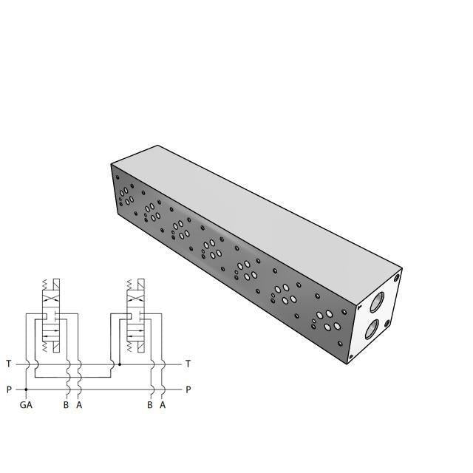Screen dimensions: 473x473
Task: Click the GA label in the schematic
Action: click(x=26, y=405)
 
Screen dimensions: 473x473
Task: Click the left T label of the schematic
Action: click(x=8, y=364)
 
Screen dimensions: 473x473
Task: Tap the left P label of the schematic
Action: click(x=8, y=389)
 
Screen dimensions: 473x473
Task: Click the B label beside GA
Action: click(x=66, y=405)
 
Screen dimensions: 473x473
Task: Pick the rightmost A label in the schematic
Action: click(x=163, y=405)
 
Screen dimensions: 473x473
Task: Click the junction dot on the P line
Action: click(x=26, y=389)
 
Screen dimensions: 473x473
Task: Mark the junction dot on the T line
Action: click(x=119, y=364)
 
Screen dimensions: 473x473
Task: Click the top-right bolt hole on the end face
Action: click(x=398, y=279)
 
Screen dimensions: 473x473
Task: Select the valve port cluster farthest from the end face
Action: click(x=125, y=197)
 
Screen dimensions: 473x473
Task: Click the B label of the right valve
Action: click(x=150, y=405)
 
